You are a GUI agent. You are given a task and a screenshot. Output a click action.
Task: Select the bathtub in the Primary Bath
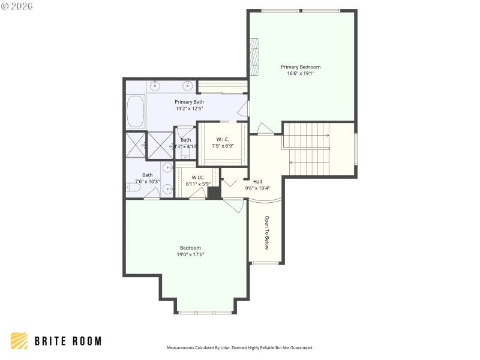tap(136, 111)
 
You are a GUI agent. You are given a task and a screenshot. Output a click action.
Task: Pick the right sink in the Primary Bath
tap(188, 85)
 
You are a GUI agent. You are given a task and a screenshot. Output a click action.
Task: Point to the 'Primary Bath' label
tap(189, 102)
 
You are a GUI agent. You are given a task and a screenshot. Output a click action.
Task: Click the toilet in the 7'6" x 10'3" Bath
tap(133, 188)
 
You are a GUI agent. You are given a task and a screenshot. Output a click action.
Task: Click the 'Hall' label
tap(257, 181)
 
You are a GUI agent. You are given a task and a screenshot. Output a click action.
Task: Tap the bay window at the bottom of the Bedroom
tap(205, 312)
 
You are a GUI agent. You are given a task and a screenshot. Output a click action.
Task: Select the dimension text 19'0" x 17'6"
tap(190, 254)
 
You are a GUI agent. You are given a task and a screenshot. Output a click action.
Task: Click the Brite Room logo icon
tap(19, 341)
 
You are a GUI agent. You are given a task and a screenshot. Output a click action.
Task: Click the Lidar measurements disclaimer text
tap(239, 347)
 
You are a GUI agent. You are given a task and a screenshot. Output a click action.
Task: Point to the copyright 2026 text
tap(17, 6)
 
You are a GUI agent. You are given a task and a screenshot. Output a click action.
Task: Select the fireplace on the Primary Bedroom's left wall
tap(254, 57)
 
